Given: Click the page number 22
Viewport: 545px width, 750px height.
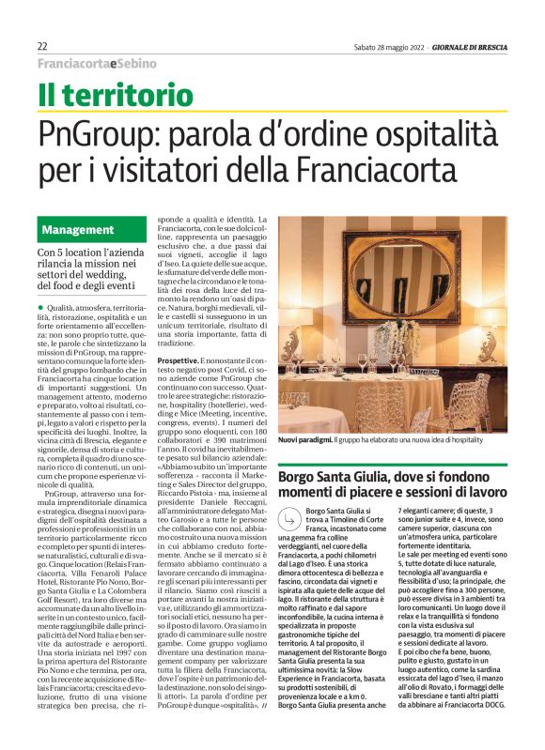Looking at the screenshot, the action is point(43,46).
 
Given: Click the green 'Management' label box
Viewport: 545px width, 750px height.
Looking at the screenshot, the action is point(81,229).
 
